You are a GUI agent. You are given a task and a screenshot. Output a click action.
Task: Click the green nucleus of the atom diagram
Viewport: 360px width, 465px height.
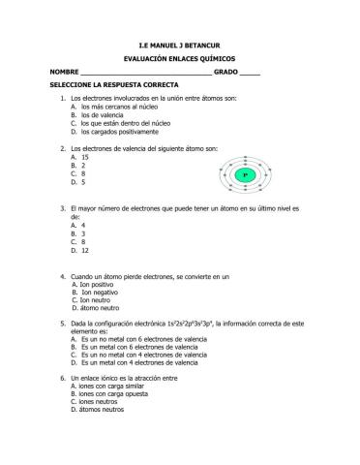246,174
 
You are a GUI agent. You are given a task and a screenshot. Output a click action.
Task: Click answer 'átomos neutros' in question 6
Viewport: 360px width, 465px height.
103,410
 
